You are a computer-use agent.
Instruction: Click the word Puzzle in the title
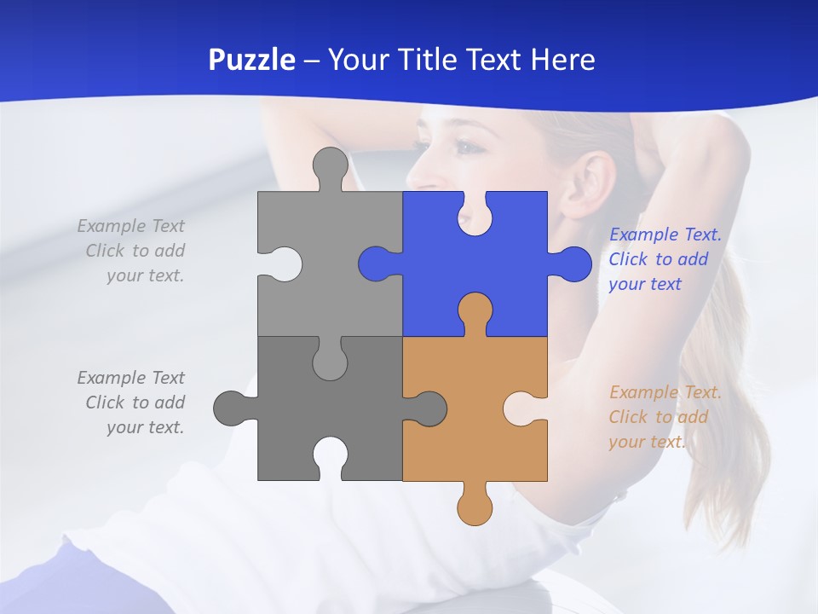[x=252, y=60]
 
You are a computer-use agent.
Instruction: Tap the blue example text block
[x=665, y=259]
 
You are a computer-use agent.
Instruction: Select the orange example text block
[x=665, y=417]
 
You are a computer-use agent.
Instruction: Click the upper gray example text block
[x=132, y=251]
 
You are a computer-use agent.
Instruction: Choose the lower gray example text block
[x=132, y=403]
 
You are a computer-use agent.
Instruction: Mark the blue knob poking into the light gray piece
[x=375, y=264]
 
